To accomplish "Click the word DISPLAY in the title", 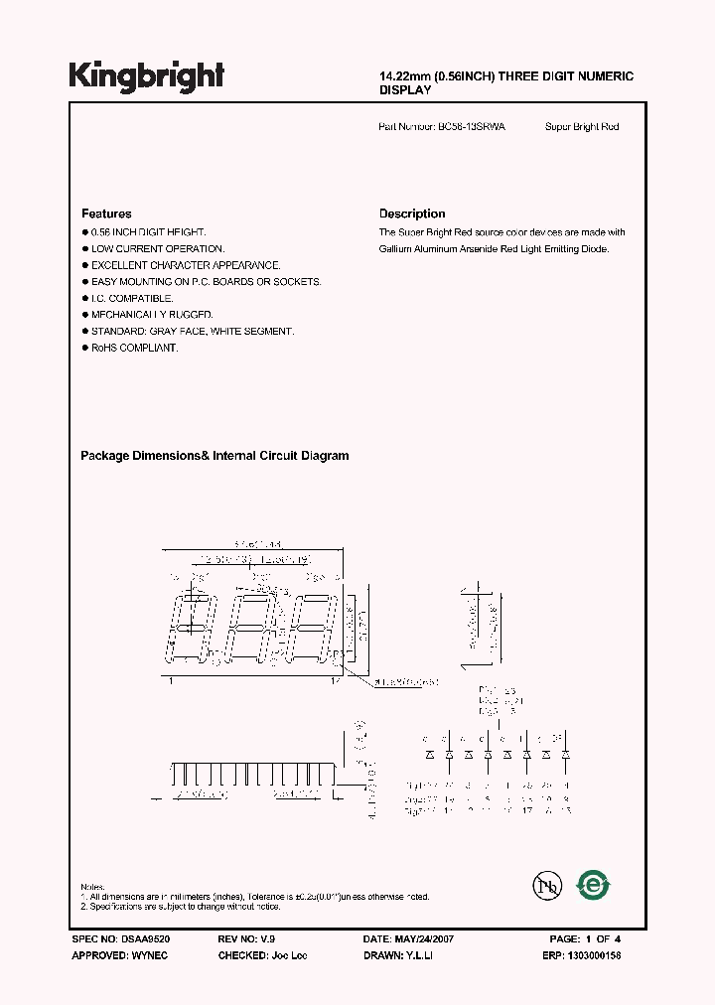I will pyautogui.click(x=405, y=90).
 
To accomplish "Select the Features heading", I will pyautogui.click(x=106, y=214).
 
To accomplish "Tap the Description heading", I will pyautogui.click(x=412, y=214).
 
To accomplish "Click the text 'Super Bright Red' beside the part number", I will pyautogui.click(x=582, y=127).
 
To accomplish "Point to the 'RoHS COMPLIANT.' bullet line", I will pyautogui.click(x=134, y=348).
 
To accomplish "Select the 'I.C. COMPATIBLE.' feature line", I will pyautogui.click(x=132, y=298).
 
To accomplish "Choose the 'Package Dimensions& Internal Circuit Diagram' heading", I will pyautogui.click(x=214, y=456).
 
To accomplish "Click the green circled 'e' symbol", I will pyautogui.click(x=594, y=884).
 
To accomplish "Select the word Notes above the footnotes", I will pyautogui.click(x=92, y=887).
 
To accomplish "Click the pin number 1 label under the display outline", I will pyautogui.click(x=171, y=680).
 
